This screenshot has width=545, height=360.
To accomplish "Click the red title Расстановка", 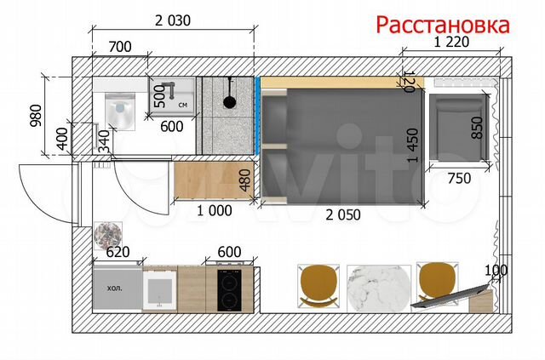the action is (443, 25).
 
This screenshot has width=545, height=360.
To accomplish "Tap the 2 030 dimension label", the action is (173, 20).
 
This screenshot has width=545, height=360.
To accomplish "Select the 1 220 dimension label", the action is (451, 42).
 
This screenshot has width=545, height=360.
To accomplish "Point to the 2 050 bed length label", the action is (343, 214).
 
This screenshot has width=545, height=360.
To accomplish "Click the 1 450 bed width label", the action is (412, 146).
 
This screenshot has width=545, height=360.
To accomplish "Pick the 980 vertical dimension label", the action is (36, 116).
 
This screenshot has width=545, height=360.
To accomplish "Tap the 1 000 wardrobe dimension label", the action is (215, 210).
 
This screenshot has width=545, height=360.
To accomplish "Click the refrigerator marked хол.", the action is (118, 288).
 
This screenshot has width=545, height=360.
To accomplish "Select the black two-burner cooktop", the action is (229, 290).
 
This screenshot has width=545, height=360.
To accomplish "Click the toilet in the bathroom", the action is (120, 111).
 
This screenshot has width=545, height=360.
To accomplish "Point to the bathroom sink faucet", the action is (169, 89).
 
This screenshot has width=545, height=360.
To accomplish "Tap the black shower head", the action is (229, 100).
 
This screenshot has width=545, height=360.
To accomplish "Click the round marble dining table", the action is (379, 288).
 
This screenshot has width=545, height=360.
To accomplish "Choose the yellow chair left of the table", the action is (318, 286).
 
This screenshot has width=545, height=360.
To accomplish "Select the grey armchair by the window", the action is (459, 128).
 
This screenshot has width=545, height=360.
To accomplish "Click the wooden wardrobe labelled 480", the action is (214, 180).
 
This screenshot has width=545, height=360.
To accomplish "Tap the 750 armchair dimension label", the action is (459, 178).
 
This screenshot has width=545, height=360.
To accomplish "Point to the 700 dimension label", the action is (120, 47).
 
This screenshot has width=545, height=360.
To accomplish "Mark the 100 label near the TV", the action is (496, 270).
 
